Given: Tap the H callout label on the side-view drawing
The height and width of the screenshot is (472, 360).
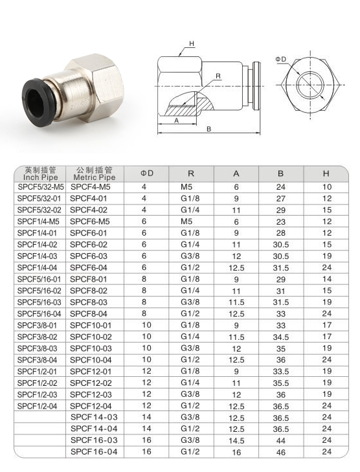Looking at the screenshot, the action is tap(192, 44).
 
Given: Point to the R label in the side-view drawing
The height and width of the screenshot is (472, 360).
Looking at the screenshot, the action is tap(218, 76).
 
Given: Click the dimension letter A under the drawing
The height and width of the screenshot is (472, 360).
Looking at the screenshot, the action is tap(177, 120).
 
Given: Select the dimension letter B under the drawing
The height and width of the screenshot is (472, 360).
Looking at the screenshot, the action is tap(208, 129).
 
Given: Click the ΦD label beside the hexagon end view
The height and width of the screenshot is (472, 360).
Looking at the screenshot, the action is tap(281, 60).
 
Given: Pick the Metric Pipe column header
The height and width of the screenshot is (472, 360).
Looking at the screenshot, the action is tap(95, 177).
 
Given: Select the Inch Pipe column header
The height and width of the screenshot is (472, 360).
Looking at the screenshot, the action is tap(40, 177).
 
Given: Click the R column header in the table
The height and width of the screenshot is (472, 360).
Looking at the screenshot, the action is tap(191, 174).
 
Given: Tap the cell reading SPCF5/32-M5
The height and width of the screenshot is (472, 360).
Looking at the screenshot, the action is tap(41, 187).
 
